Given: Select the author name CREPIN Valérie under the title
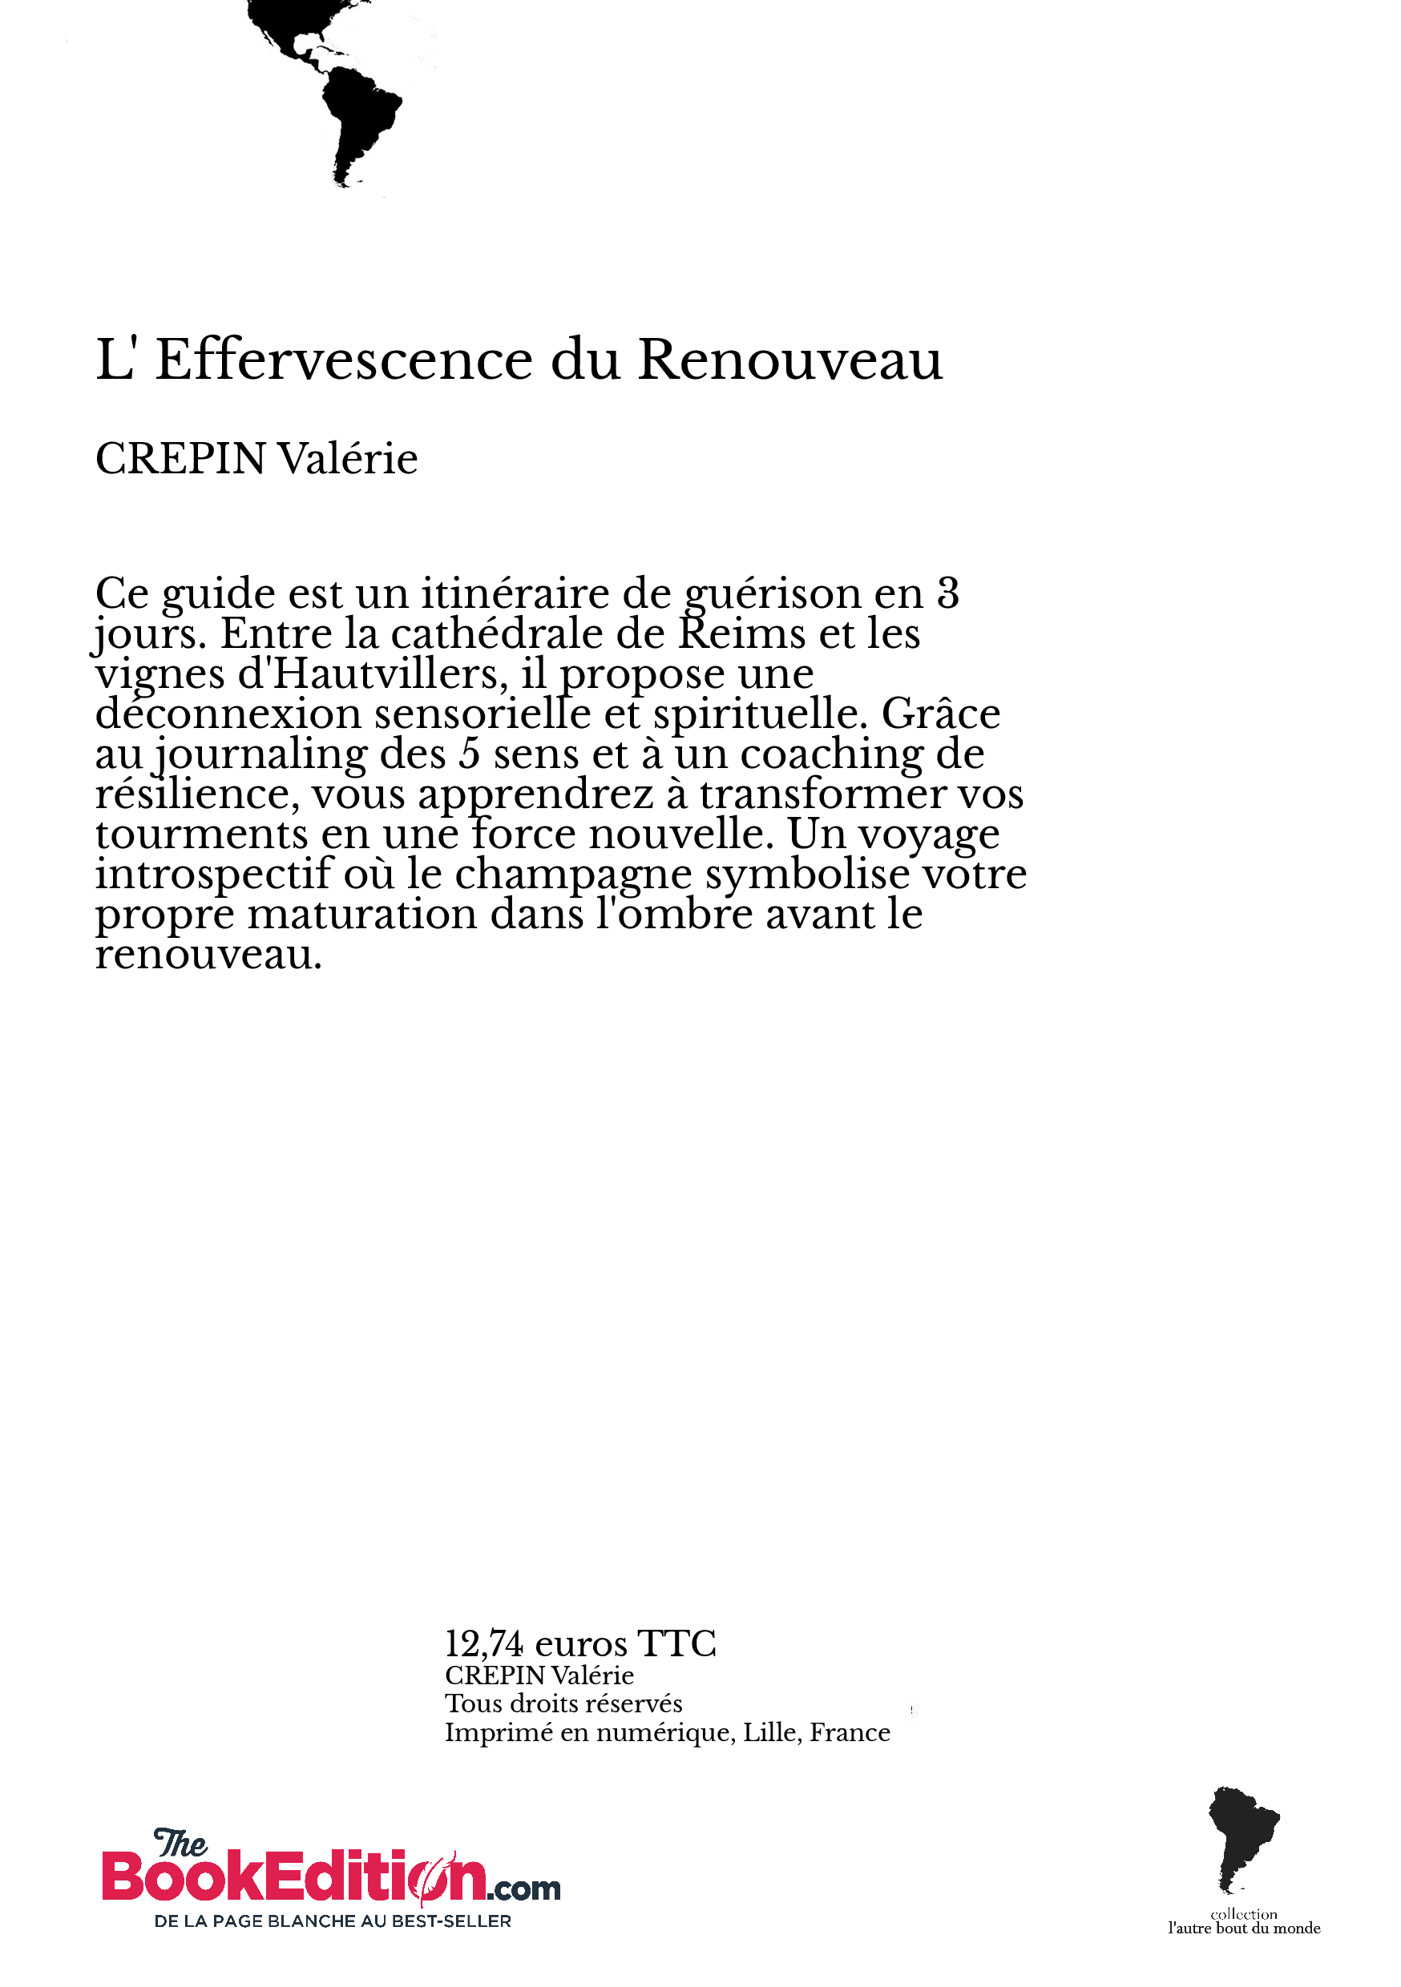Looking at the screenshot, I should coord(256,459).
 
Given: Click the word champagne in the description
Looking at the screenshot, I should coord(572,874).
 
